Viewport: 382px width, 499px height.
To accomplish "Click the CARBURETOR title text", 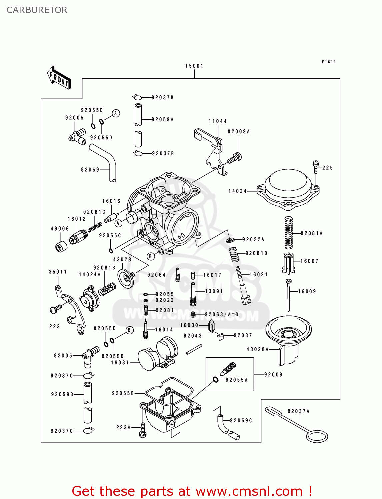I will click(37, 10).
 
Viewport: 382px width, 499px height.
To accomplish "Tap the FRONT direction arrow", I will click(59, 78).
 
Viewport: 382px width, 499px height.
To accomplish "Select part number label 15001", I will click(194, 66).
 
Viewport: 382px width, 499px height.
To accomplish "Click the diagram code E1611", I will click(329, 62).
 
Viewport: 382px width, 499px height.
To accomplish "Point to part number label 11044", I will click(218, 121).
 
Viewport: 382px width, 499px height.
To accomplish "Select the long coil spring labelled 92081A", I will click(289, 233).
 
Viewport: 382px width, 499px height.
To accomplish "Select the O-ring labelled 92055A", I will click(216, 379).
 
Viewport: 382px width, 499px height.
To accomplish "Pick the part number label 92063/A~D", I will click(221, 314).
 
